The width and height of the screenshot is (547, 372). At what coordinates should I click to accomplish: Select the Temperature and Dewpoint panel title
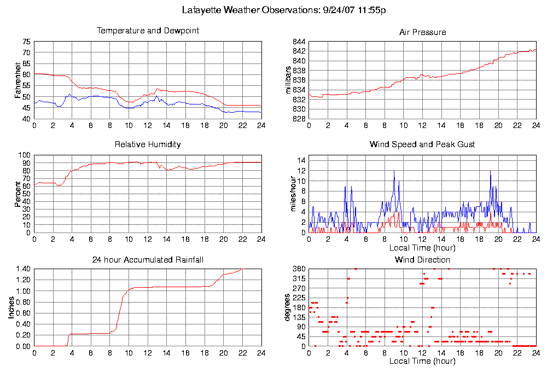tap(148, 31)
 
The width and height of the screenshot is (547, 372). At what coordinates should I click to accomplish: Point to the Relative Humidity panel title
tap(148, 145)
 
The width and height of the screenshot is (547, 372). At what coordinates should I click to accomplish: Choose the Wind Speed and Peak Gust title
tap(422, 145)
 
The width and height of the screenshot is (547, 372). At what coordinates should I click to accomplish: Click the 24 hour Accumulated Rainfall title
tap(148, 260)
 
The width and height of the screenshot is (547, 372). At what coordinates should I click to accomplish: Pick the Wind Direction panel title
tap(422, 260)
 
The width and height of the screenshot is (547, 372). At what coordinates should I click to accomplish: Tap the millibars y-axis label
tap(288, 80)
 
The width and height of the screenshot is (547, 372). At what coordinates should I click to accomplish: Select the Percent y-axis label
tap(18, 194)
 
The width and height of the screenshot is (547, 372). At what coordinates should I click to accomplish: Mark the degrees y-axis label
tap(288, 308)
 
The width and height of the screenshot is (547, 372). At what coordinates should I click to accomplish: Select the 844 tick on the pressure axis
tap(299, 42)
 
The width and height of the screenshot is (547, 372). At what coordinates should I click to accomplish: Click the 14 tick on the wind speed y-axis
tap(301, 160)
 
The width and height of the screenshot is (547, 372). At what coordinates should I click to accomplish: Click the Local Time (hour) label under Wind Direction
tap(422, 361)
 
